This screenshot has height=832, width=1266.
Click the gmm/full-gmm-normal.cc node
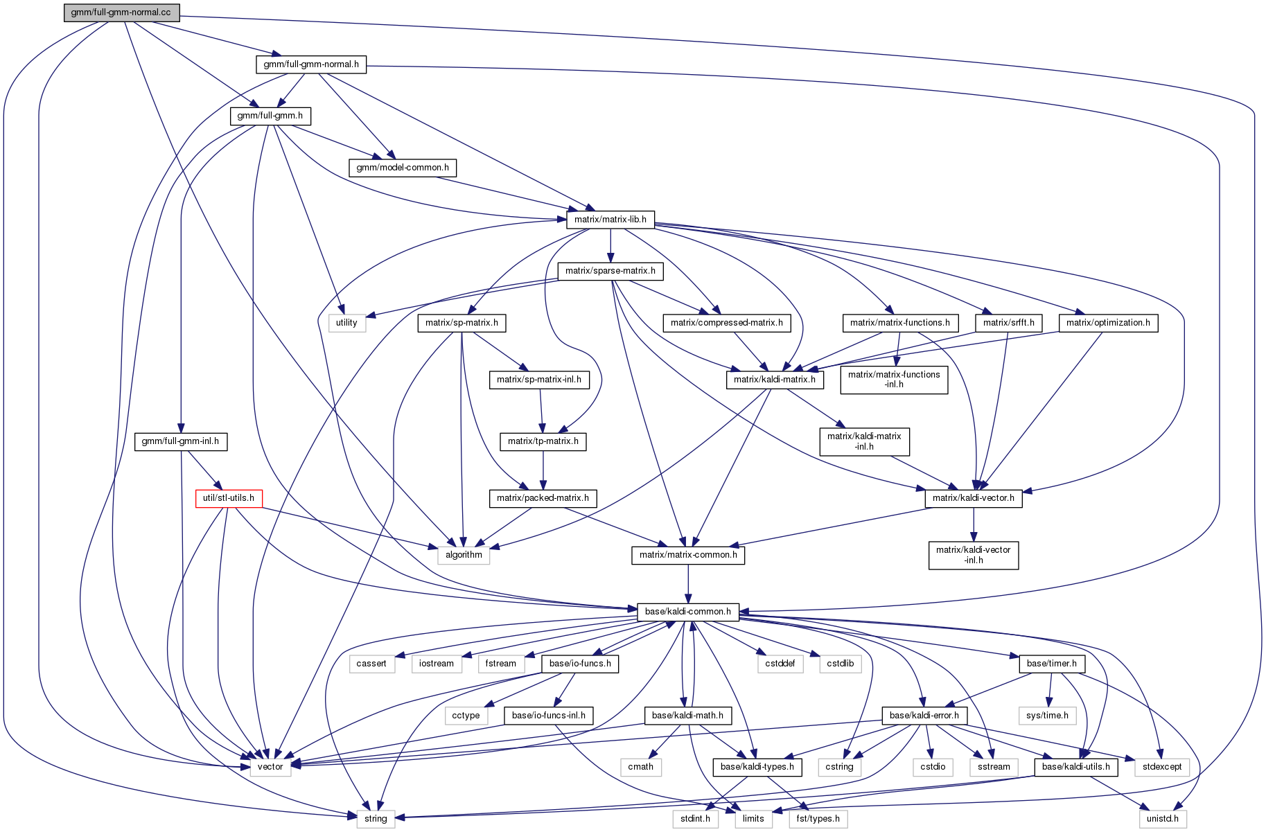(121, 12)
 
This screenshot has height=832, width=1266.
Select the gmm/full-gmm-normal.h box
(311, 64)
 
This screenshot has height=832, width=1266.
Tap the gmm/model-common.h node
(403, 168)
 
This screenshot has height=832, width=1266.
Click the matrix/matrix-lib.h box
(610, 220)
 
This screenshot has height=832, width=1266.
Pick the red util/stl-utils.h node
(229, 498)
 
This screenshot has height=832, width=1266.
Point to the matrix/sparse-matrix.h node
(610, 271)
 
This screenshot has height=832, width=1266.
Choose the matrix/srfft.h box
(1009, 323)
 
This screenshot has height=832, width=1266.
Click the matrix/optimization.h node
(1108, 323)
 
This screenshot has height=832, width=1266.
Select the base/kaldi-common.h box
(688, 612)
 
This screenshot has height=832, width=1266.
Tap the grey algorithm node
(464, 555)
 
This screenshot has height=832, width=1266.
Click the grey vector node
(270, 767)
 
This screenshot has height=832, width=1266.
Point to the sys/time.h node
(1048, 716)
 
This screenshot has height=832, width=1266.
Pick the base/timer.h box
(1052, 664)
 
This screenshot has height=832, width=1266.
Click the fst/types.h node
(818, 819)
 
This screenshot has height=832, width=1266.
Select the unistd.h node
(1163, 819)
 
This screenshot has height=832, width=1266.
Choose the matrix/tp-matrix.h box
(543, 441)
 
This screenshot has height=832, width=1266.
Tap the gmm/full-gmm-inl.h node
(180, 441)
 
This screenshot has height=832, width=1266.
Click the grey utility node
(346, 323)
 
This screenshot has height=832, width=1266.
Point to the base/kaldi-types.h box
(757, 767)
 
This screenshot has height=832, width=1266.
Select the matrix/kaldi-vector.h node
(974, 498)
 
